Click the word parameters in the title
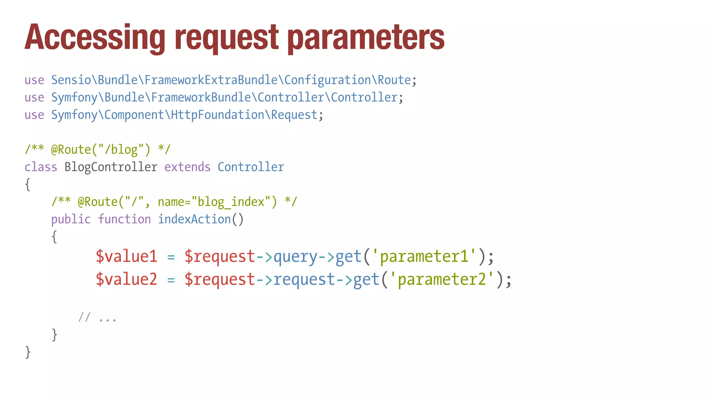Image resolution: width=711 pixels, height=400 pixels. click(x=366, y=37)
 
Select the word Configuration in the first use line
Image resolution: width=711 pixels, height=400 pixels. click(x=328, y=80)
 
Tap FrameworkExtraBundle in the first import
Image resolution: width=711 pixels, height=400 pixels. click(x=211, y=80)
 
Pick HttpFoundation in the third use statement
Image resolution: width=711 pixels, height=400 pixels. click(x=218, y=115)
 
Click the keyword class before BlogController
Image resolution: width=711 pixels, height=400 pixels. click(x=41, y=167)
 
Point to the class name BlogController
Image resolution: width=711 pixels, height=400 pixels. click(x=111, y=167)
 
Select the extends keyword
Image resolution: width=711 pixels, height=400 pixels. click(x=187, y=167)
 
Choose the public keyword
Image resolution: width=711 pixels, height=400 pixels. click(x=71, y=219)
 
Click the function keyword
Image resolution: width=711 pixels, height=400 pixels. click(x=124, y=219)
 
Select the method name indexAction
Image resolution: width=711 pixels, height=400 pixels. click(x=194, y=219)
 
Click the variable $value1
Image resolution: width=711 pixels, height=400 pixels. click(x=126, y=257)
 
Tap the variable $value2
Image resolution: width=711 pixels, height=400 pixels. click(x=126, y=280)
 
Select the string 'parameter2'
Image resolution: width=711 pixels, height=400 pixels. click(x=442, y=280)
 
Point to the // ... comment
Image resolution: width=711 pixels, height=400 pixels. click(x=97, y=318)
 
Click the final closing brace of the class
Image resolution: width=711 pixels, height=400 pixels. click(x=28, y=352)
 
